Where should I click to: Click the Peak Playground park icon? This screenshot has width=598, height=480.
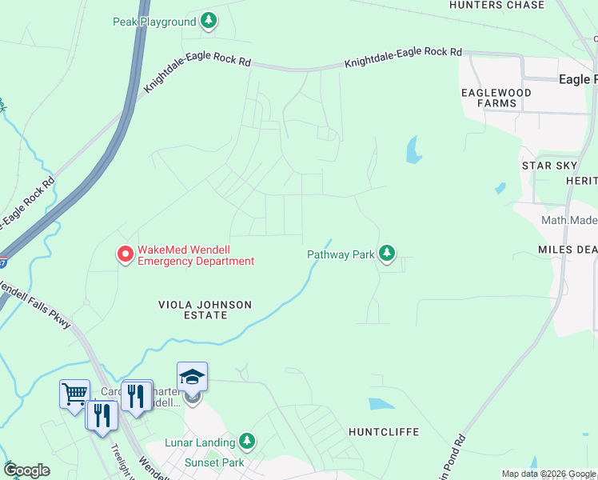[x=209, y=21]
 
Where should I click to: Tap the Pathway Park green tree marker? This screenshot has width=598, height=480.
[x=387, y=254]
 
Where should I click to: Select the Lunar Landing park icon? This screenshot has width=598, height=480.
[x=247, y=442]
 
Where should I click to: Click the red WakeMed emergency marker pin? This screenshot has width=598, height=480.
[x=125, y=254]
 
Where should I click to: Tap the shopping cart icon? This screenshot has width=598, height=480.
[x=74, y=392]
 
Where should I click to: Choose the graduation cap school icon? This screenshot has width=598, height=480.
[x=192, y=375]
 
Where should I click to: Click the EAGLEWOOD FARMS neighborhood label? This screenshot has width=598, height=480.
[x=496, y=98]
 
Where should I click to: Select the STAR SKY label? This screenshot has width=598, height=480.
[x=548, y=166]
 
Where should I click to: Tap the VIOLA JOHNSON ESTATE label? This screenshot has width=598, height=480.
[x=205, y=310]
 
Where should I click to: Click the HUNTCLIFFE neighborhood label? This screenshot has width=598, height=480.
[x=384, y=432]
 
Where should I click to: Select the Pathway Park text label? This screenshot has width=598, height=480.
[x=341, y=255]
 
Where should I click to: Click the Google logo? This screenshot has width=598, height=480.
[x=26, y=470]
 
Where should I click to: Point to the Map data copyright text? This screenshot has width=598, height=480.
[x=548, y=474]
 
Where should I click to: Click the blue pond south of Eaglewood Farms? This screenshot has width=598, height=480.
[x=413, y=149]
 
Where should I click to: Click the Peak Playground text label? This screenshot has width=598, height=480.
[x=153, y=22]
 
